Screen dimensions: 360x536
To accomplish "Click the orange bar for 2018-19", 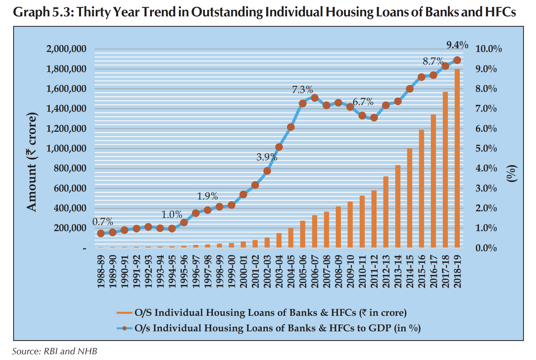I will click(457, 158).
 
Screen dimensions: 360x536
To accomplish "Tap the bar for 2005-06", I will click(303, 234).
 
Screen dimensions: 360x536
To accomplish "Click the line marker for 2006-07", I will click(315, 98).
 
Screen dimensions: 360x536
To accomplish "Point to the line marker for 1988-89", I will click(101, 233).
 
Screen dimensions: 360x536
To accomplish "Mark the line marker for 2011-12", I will click(374, 117).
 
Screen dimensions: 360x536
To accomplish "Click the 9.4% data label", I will click(457, 45).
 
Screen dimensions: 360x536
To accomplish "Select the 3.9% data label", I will click(267, 157).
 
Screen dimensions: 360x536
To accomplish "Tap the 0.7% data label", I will click(103, 222).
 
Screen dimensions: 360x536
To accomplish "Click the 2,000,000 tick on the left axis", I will click(66, 49).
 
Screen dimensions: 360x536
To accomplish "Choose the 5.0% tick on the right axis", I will click(486, 148).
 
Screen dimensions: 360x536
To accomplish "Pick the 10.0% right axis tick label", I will click(488, 49).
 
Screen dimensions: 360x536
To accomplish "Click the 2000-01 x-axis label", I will click(244, 271).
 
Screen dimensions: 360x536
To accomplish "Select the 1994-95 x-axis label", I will click(172, 271).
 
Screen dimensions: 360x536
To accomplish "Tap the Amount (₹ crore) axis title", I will click(32, 162).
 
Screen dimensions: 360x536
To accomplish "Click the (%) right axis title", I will click(512, 173).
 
